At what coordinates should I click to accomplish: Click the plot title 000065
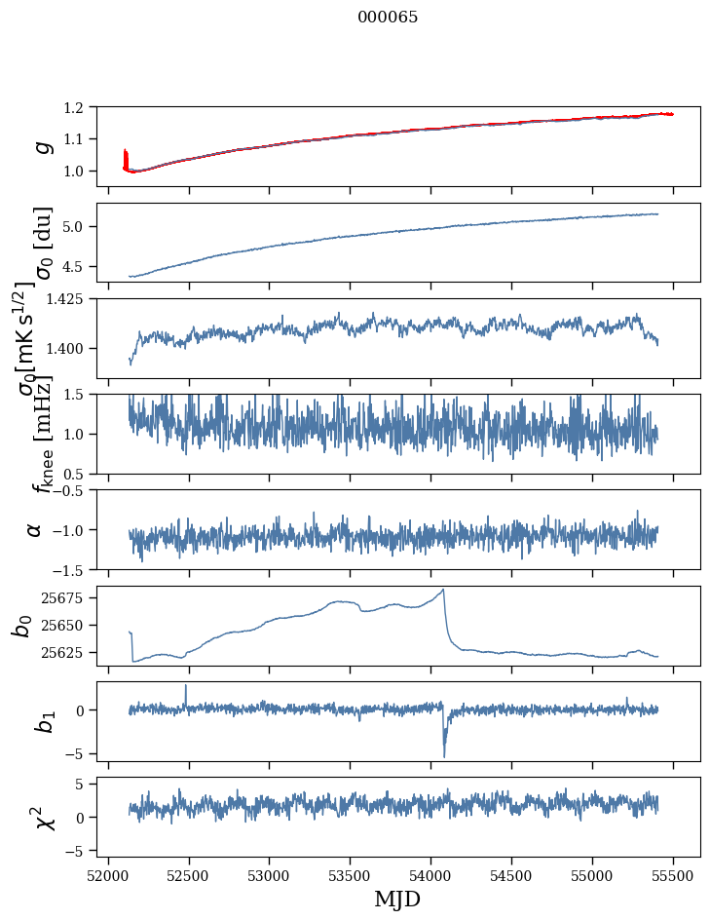tap(388, 18)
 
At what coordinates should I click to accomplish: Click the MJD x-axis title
tap(397, 899)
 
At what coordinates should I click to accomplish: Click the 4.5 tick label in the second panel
tap(84, 266)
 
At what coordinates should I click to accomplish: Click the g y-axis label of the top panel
tap(40, 146)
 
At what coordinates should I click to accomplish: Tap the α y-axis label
tap(34, 529)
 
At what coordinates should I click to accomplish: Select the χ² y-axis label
tap(39, 817)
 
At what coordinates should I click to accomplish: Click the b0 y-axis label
tap(21, 625)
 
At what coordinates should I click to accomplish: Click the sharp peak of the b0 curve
tap(443, 590)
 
